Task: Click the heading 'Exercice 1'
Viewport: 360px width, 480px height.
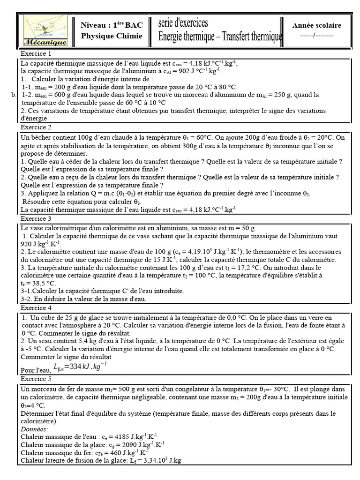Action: click(x=35, y=54)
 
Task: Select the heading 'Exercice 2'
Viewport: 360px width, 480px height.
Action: click(x=35, y=127)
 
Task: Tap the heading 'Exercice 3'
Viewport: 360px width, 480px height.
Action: click(x=35, y=218)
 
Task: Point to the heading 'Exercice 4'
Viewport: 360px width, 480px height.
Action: click(x=35, y=307)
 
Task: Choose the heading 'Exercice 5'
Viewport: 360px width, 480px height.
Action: click(x=35, y=379)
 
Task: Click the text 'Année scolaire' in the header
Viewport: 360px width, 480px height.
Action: click(x=316, y=25)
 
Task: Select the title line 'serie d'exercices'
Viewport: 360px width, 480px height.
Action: click(x=183, y=23)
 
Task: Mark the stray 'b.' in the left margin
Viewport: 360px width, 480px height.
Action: click(x=13, y=94)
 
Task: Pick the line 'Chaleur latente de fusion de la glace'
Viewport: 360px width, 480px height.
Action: click(x=101, y=460)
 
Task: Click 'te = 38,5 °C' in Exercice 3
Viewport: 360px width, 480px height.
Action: click(x=38, y=283)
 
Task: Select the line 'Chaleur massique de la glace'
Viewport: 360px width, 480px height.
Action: click(x=91, y=444)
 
